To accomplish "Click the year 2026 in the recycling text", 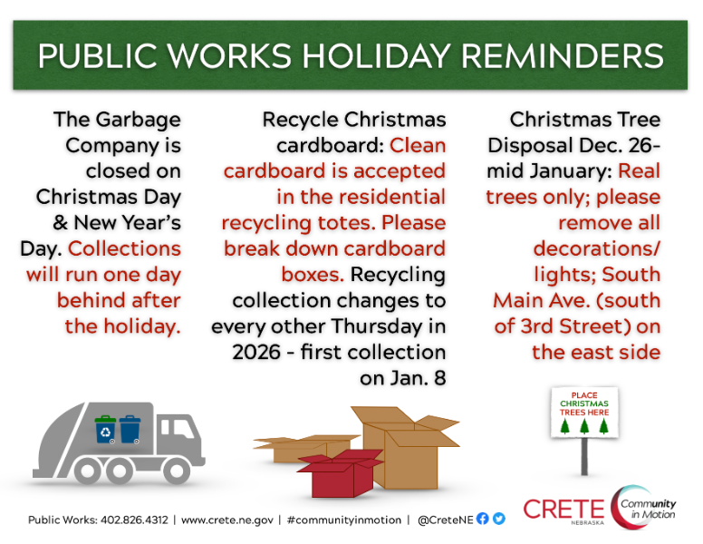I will [x=256, y=352].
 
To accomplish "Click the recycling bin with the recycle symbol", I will [x=106, y=429].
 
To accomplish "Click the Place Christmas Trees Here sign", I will [x=584, y=413].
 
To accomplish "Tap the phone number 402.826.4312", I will [x=127, y=520].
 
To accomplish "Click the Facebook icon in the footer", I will [x=482, y=520].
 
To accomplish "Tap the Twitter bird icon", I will [x=498, y=520].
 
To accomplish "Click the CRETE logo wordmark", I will [x=563, y=509].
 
